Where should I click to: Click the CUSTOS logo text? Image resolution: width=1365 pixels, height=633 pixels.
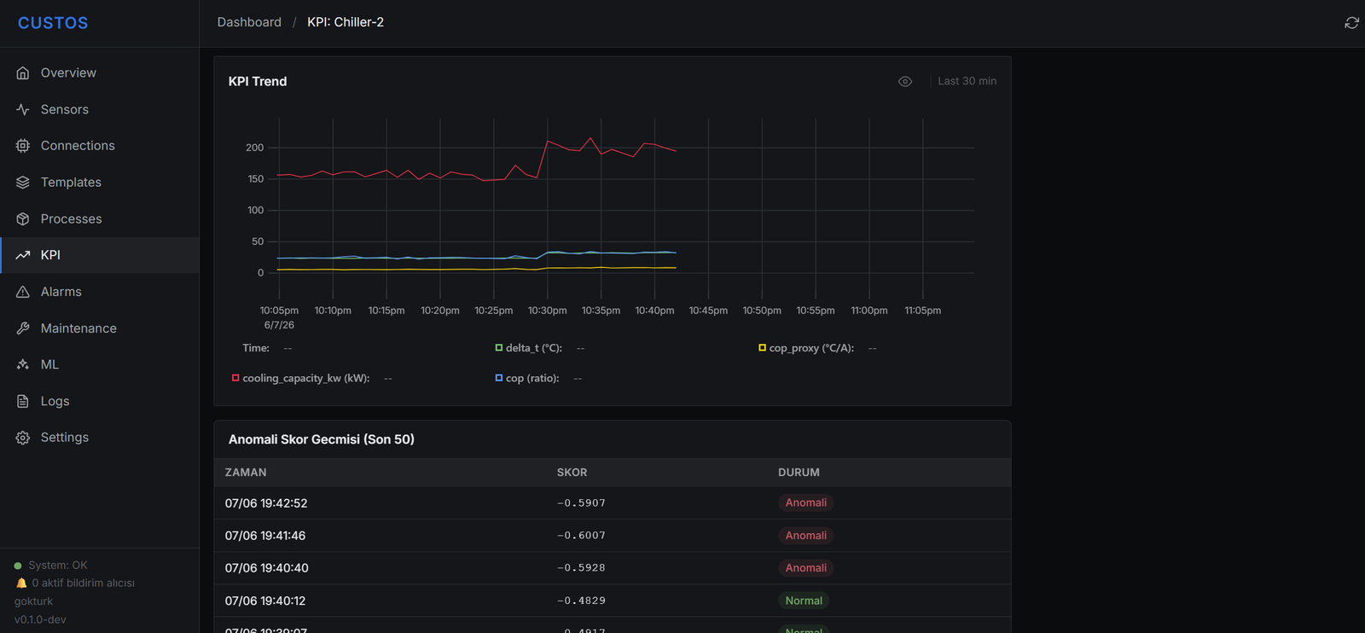tap(53, 23)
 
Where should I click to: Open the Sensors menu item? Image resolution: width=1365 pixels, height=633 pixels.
tap(64, 109)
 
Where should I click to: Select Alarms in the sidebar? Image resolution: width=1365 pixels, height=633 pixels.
tap(61, 291)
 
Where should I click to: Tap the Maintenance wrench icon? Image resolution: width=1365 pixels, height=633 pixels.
tap(22, 328)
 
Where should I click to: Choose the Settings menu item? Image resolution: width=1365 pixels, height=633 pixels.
tap(64, 438)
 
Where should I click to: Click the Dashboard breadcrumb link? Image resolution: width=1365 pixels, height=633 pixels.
tap(249, 22)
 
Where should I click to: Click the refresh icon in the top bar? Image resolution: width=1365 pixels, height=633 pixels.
tap(1351, 22)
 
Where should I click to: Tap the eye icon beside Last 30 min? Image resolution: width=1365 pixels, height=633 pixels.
tap(905, 81)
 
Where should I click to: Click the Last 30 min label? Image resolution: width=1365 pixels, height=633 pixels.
tap(967, 81)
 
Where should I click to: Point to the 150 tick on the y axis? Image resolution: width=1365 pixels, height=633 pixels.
tap(255, 178)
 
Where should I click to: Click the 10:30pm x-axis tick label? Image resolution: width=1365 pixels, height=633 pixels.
tap(547, 311)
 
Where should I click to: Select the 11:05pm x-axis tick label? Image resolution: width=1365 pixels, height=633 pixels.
tap(922, 311)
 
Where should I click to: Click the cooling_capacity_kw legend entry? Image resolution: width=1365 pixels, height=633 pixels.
tap(301, 378)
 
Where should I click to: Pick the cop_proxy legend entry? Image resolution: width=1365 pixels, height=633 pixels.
tap(806, 348)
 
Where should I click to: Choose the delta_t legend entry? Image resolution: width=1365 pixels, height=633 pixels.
tap(528, 348)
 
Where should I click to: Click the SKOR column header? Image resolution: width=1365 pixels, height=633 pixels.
tap(572, 472)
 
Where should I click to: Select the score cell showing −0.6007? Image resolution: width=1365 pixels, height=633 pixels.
tap(581, 536)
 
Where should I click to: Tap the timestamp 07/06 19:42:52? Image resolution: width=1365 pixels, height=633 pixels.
tap(265, 503)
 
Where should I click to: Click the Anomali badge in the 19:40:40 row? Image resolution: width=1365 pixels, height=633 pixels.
tap(805, 568)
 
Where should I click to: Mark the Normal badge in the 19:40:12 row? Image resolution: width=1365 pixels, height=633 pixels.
tap(804, 601)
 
